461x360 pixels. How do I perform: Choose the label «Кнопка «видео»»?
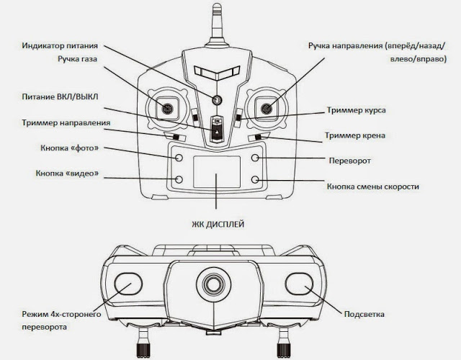67,174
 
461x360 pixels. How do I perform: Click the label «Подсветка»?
365,314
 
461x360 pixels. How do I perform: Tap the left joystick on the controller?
166,109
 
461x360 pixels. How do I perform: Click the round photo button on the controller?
179,156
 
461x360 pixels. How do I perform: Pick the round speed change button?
255,179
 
